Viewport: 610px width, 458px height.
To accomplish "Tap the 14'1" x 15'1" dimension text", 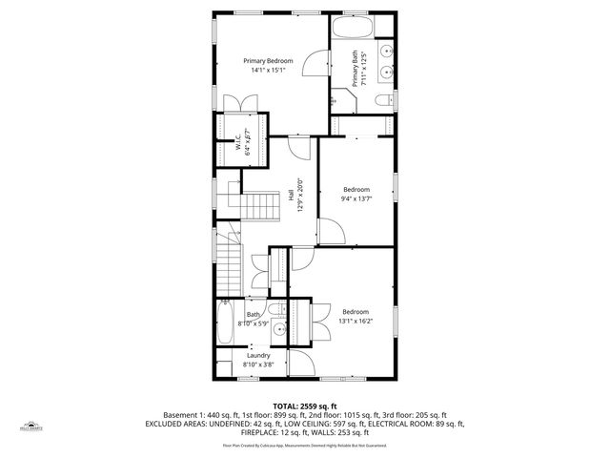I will click(x=269, y=70).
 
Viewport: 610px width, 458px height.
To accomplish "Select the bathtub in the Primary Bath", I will click(x=356, y=25).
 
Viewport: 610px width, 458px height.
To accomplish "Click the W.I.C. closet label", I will click(x=236, y=140).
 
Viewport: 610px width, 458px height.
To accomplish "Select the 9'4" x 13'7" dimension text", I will click(x=356, y=198).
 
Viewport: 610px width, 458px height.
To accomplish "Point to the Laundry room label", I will click(x=257, y=355).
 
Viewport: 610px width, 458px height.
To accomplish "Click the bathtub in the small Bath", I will click(x=225, y=324).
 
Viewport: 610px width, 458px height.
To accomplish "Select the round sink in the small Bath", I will click(x=277, y=328).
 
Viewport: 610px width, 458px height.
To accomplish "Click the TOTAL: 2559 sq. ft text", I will click(x=304, y=405).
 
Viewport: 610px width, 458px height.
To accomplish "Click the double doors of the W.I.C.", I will click(x=238, y=104).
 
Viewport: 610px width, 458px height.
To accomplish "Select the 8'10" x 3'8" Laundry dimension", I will click(x=257, y=364).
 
